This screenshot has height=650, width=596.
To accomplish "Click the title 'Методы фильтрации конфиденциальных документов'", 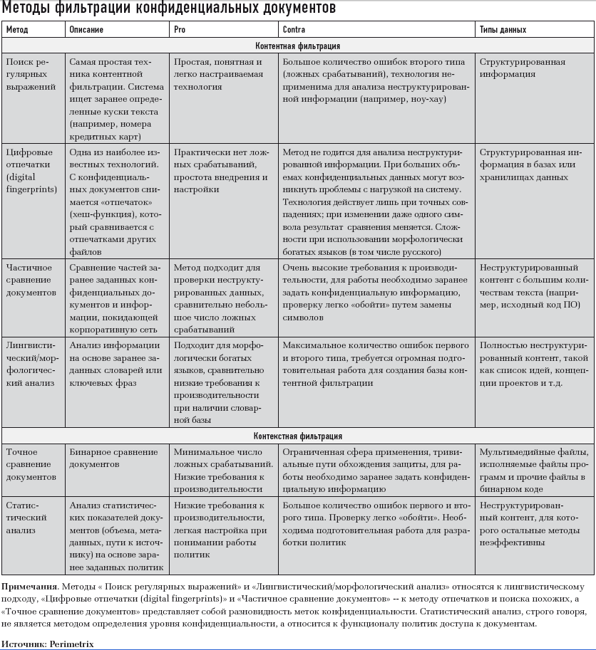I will (168, 9).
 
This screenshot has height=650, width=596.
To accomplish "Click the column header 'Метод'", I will (17, 30).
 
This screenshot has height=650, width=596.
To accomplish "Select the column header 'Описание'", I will (86, 30).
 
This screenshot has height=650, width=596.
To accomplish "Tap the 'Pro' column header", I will (180, 30).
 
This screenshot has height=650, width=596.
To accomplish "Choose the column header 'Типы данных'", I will (503, 30).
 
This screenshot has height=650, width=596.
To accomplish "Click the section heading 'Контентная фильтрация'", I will (298, 46).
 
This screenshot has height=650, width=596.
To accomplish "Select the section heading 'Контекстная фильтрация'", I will (298, 436).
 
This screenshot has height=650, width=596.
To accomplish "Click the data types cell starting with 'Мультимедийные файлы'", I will (533, 471).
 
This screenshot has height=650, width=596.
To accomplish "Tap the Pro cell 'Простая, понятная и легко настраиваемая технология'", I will (217, 74).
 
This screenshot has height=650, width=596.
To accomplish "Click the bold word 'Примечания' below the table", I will (29, 587).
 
